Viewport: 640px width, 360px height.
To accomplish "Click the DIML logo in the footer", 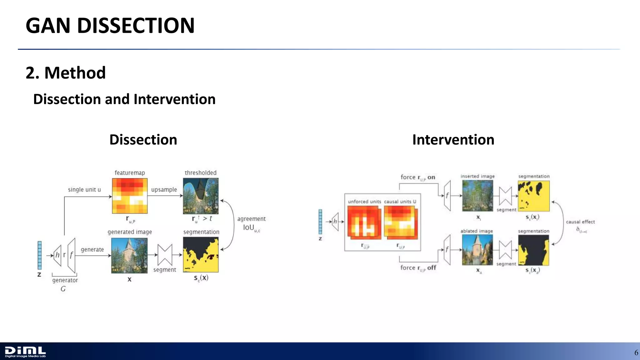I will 25,352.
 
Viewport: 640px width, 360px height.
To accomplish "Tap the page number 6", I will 636,353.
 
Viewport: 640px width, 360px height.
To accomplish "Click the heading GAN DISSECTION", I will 110,25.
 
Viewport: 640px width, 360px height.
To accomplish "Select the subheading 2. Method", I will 66,73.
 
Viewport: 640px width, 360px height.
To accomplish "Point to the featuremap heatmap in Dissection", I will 130,196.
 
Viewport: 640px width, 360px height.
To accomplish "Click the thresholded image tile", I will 201,196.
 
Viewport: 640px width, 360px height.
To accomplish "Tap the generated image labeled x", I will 129,256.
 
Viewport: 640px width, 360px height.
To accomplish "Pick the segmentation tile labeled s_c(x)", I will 201,255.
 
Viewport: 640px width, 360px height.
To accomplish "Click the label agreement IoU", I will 251,223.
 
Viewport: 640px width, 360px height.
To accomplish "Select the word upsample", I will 164,190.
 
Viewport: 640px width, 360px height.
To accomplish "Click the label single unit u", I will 84,190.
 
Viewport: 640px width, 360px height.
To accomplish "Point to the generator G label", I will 65,284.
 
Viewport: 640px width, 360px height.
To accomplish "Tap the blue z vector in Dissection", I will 40,255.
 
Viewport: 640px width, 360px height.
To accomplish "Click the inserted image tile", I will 477,196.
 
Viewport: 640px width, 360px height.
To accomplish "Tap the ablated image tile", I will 477,250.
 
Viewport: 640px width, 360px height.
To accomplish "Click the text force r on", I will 418,177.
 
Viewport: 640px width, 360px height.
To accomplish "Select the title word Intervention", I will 453,140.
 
